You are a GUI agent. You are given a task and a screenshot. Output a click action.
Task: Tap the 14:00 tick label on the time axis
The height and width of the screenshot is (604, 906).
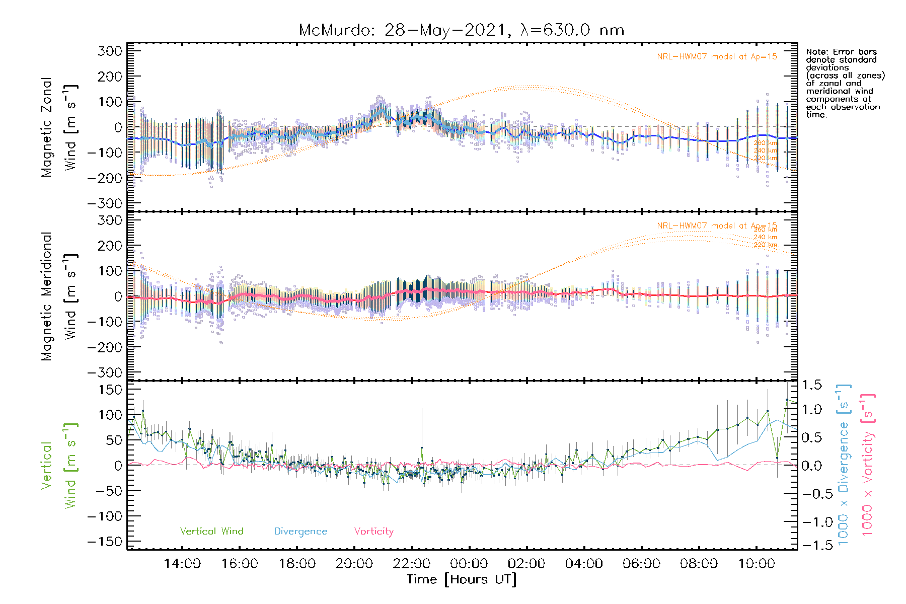[x=182, y=564]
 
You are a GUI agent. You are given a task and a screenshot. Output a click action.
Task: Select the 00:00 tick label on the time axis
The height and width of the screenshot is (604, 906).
[x=469, y=564]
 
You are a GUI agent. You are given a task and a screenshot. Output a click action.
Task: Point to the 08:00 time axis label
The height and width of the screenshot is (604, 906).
[x=699, y=564]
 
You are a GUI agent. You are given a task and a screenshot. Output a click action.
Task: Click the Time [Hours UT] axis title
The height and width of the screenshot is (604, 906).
[x=461, y=579]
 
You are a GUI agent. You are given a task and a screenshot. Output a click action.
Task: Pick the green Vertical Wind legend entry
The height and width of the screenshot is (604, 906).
[x=211, y=532]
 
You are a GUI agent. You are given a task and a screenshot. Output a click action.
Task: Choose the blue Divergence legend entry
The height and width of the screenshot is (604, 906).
[x=300, y=532]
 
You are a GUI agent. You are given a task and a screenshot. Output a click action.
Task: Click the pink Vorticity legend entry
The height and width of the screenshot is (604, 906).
[x=373, y=532]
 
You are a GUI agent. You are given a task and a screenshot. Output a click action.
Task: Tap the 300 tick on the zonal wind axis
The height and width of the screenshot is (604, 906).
[x=110, y=51]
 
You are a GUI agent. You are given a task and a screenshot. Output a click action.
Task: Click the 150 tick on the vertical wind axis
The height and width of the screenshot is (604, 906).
[x=110, y=390]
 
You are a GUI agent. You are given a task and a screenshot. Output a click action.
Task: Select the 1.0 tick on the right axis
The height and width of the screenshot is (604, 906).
[x=812, y=409]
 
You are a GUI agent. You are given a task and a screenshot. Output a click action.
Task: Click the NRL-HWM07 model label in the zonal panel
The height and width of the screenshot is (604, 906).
[x=717, y=57]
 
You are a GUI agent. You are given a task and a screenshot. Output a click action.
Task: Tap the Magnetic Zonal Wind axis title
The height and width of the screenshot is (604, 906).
[x=59, y=127]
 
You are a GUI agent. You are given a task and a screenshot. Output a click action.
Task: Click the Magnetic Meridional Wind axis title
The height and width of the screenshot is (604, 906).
[x=59, y=297]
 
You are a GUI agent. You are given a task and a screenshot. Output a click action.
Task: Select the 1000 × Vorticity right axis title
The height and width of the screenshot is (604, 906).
[x=867, y=464]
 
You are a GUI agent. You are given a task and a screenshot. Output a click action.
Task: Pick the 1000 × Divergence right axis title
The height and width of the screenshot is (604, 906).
[x=844, y=464]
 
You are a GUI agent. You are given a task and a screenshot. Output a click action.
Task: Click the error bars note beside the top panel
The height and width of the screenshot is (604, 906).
[x=845, y=83]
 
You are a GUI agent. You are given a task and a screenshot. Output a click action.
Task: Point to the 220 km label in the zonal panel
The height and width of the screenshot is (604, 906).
[x=765, y=158]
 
